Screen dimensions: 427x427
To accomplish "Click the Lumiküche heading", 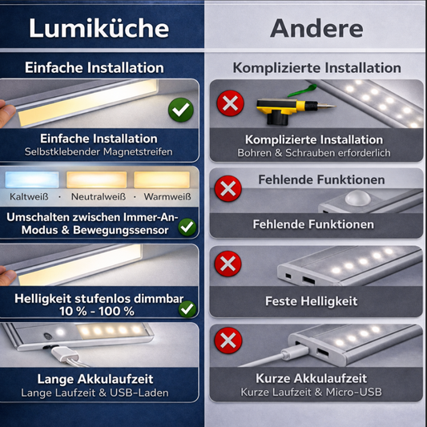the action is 99,28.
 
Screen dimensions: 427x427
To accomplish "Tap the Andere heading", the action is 316,28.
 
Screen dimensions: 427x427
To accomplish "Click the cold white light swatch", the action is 32,179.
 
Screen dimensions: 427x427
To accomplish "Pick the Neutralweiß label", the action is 99,196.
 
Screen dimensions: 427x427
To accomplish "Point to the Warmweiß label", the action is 167,196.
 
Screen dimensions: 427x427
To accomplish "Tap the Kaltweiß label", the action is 29,196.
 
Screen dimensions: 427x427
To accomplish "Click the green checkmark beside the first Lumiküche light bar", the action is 181,110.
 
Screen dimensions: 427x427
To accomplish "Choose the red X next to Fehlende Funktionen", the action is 228,188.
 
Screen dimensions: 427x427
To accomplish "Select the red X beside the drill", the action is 230,103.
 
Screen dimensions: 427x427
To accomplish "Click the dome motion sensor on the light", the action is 357,197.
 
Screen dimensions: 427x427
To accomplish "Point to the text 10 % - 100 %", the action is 97,312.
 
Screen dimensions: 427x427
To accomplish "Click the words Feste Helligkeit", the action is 312,301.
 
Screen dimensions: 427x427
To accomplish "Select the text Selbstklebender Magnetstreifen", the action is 99,151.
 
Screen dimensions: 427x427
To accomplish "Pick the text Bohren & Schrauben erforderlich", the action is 314,153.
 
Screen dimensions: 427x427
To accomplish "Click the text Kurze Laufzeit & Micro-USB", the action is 312,392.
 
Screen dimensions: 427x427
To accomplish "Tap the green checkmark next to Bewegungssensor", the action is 187,227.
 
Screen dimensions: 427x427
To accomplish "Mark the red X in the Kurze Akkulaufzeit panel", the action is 228,340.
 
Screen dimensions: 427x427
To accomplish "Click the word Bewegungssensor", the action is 121,230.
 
